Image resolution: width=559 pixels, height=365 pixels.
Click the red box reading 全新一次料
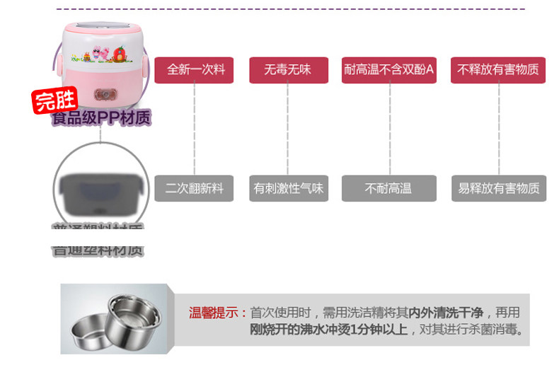click(194, 70)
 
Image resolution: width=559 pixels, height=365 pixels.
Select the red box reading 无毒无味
click(287, 70)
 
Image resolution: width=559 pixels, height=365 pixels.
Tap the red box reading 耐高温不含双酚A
click(388, 70)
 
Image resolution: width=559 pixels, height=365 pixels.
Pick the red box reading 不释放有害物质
click(497, 70)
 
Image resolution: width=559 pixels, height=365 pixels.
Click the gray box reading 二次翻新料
click(194, 189)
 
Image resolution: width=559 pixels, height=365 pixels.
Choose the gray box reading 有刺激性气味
click(288, 189)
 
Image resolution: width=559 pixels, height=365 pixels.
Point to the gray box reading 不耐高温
click(388, 189)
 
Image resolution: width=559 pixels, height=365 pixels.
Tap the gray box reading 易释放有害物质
click(498, 189)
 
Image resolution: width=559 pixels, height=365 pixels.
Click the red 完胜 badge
click(55, 101)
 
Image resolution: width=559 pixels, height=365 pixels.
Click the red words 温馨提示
click(217, 313)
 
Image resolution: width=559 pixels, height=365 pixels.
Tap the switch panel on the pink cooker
click(108, 94)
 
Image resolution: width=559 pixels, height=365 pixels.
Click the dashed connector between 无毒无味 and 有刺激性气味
click(287, 129)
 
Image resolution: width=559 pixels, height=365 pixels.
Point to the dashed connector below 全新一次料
click(194, 129)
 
